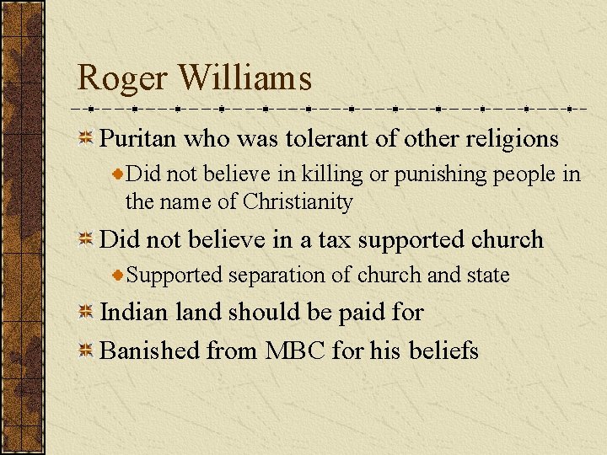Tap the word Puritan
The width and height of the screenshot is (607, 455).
point(137,138)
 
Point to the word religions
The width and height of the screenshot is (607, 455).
point(511,138)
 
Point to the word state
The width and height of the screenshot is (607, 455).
point(485,276)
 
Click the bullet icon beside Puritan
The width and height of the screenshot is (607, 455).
point(86,139)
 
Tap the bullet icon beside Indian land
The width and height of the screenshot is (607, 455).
point(86,313)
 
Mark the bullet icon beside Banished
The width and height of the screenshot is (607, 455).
point(86,350)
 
